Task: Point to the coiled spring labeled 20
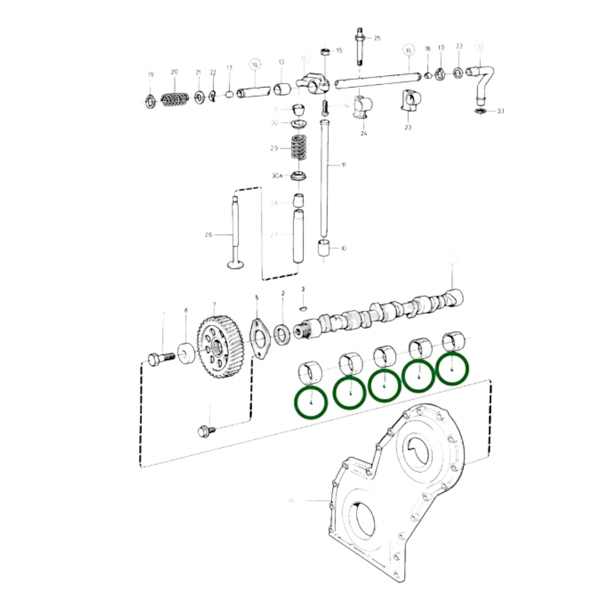pyautogui.click(x=175, y=99)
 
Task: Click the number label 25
pyautogui.click(x=377, y=38)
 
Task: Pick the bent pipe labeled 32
pyautogui.click(x=483, y=82)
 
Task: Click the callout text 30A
pyautogui.click(x=277, y=176)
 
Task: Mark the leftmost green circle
pyautogui.click(x=311, y=402)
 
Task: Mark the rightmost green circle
pyautogui.click(x=452, y=368)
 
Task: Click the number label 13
pyautogui.click(x=281, y=62)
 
